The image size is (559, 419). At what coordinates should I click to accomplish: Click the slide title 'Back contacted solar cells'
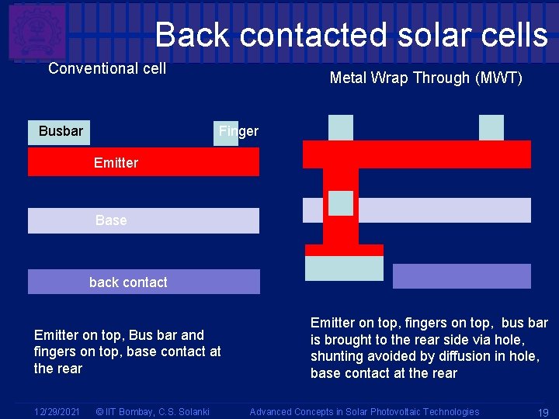(351, 35)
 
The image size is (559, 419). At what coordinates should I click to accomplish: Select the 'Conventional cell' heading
(107, 68)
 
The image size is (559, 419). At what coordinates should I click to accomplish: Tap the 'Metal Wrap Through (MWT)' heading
(425, 78)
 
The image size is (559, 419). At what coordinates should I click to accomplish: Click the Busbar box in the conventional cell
(60, 131)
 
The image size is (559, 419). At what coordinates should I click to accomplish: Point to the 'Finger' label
(238, 131)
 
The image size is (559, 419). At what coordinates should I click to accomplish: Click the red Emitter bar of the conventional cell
(144, 162)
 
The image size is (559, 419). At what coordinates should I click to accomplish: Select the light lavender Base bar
(144, 220)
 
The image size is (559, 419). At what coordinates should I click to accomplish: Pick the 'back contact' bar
(144, 282)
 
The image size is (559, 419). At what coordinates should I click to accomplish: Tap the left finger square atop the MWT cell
(340, 127)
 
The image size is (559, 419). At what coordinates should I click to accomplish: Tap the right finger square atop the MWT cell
(491, 127)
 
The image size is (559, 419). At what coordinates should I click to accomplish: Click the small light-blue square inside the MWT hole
(340, 203)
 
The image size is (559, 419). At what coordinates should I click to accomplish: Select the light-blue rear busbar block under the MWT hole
(344, 268)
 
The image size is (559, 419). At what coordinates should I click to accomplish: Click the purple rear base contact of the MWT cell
(461, 276)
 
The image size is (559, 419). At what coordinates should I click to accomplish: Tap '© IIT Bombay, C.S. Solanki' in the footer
(151, 411)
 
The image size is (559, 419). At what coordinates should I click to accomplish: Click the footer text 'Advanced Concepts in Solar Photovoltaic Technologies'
(364, 411)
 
